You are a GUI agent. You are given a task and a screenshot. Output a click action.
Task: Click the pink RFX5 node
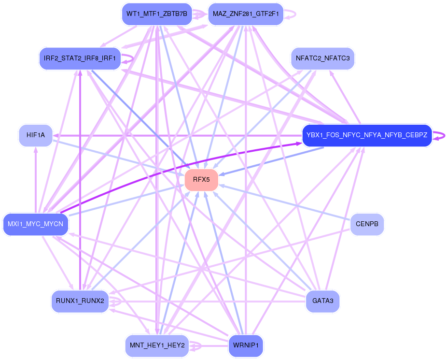tap(201, 180)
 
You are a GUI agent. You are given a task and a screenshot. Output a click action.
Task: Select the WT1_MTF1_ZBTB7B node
tap(156, 14)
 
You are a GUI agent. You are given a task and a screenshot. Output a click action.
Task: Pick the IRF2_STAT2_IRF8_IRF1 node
tap(80, 58)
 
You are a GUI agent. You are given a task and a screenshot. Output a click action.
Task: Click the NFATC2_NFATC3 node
tap(322, 58)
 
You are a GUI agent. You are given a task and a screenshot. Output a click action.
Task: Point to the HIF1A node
tap(36, 135)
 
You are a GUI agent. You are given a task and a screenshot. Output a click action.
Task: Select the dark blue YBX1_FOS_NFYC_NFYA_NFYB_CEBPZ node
tap(366, 135)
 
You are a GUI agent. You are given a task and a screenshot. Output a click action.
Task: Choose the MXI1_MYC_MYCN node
tap(36, 224)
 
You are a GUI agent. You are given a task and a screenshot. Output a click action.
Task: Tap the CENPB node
tap(367, 224)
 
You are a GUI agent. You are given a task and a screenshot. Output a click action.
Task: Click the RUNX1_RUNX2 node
tap(80, 301)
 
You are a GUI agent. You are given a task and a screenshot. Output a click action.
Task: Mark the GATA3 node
tap(322, 301)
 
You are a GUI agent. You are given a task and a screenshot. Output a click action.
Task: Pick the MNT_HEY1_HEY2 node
tap(156, 346)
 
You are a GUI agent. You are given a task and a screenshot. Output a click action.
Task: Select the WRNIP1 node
tap(246, 346)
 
